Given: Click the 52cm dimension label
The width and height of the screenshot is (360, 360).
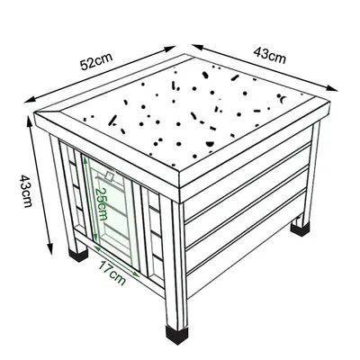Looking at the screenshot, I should pyautogui.click(x=95, y=63).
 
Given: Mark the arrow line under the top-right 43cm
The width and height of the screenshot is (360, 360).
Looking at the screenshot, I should pyautogui.click(x=265, y=67).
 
